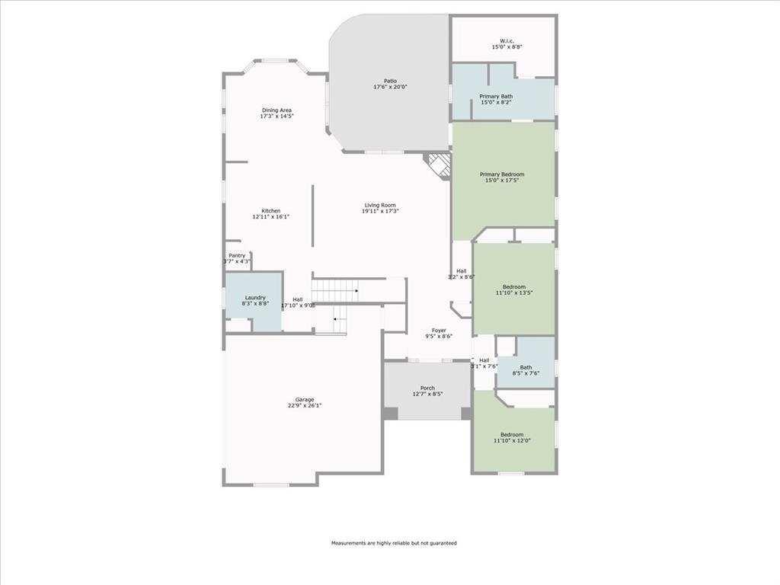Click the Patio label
[x=390, y=81]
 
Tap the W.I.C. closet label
[x=507, y=41]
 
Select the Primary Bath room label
[x=496, y=97]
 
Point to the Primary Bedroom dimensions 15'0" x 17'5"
[x=502, y=181]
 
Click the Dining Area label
[x=277, y=110]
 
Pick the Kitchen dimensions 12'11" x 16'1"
[x=270, y=217]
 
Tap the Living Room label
[x=380, y=205]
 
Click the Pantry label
[x=237, y=256]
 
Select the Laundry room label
[x=255, y=298]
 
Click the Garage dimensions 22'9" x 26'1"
[x=305, y=406]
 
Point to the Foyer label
[x=440, y=331]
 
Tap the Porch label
[x=427, y=388]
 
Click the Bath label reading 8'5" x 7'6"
[x=526, y=367]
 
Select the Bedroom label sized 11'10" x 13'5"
[x=514, y=287]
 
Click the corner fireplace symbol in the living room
[x=439, y=165]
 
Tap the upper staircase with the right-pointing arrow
[x=336, y=290]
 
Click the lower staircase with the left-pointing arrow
[x=331, y=320]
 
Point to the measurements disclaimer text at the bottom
[x=394, y=543]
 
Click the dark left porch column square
[x=390, y=414]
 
